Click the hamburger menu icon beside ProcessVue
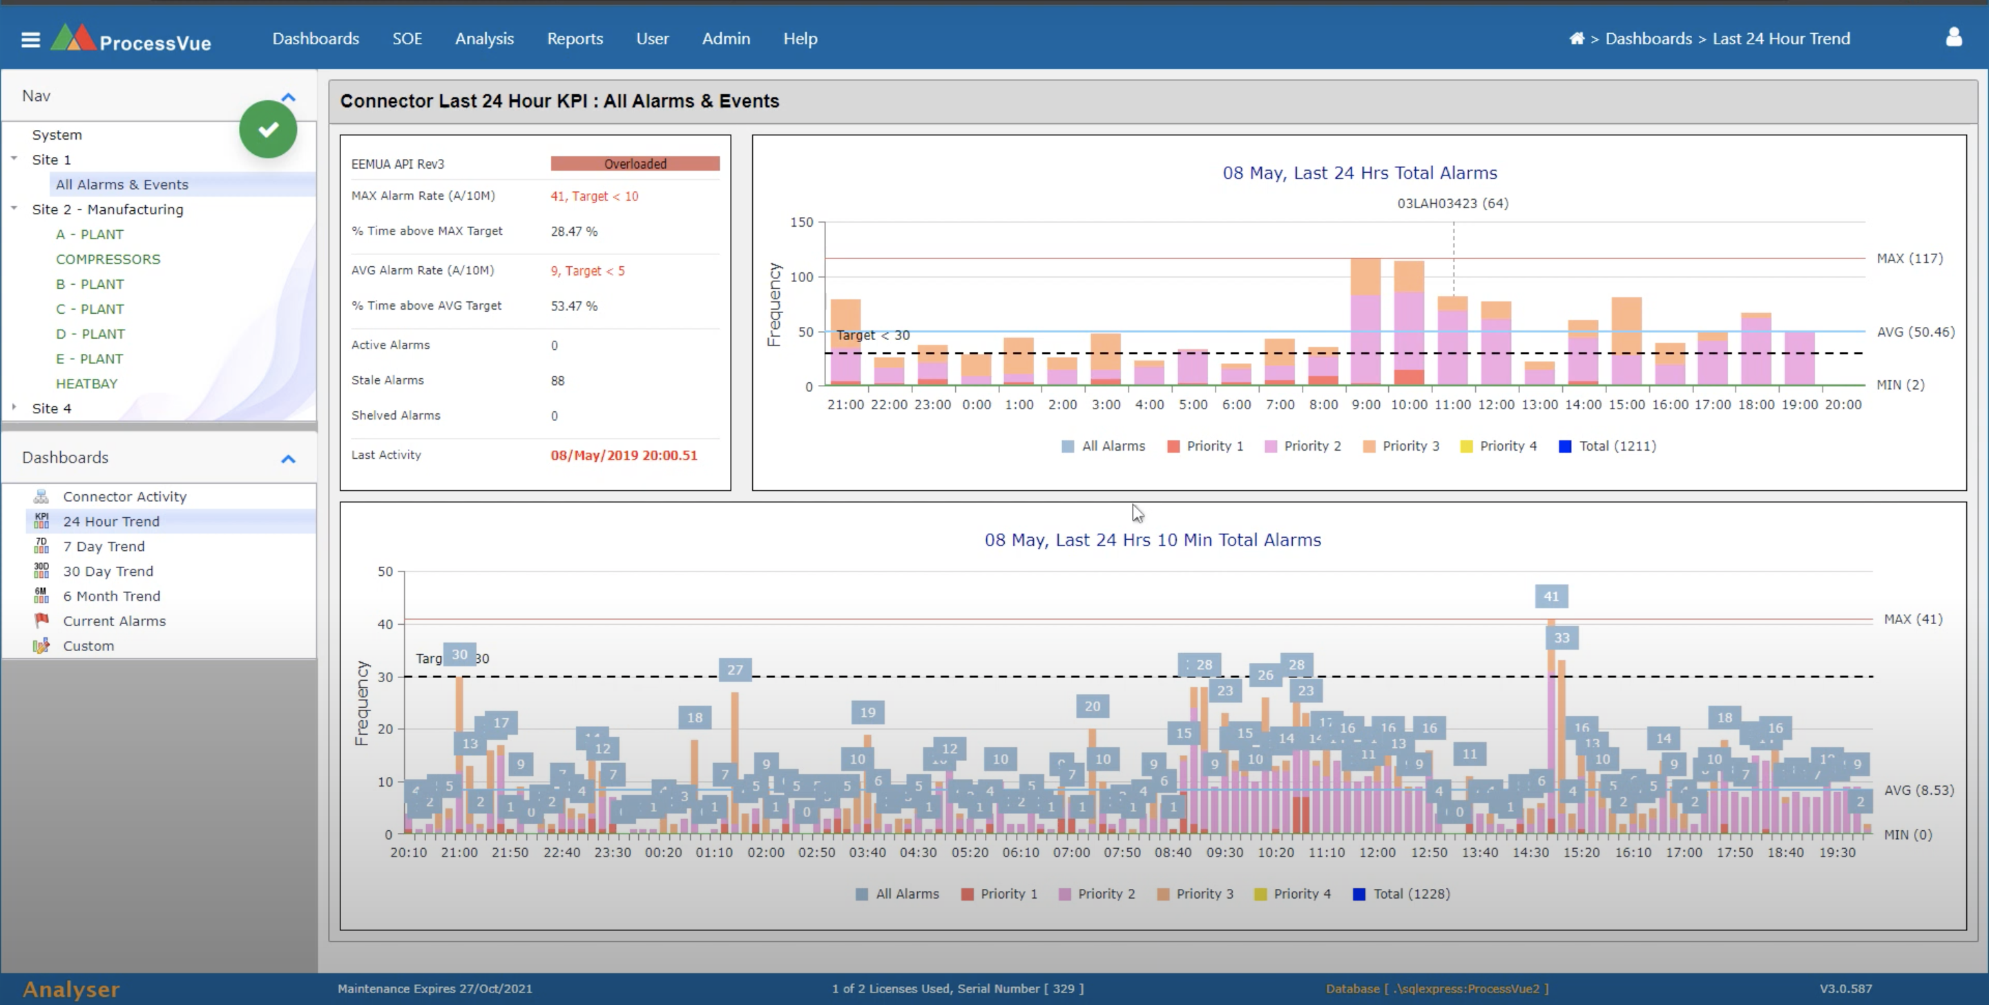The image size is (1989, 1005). click(x=30, y=39)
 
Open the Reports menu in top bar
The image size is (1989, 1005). click(x=575, y=39)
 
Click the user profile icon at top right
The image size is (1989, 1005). click(x=1954, y=37)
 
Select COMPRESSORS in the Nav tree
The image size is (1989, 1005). click(x=108, y=259)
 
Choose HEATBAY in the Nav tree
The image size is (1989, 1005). click(x=86, y=383)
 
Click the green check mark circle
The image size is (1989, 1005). click(x=268, y=129)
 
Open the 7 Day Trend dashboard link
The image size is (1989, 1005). click(x=104, y=546)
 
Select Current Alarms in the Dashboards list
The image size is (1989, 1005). click(x=114, y=621)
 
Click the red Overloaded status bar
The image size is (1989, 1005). click(x=635, y=164)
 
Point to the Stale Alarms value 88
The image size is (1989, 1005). click(x=557, y=381)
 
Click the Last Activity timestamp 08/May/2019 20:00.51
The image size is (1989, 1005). click(x=623, y=455)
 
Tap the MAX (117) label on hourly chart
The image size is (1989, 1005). click(x=1910, y=258)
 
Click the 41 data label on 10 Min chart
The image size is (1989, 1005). click(x=1550, y=597)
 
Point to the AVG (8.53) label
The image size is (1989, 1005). click(x=1919, y=789)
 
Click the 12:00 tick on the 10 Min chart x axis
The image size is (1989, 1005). click(x=1378, y=852)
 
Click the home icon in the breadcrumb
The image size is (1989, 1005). click(x=1577, y=39)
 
